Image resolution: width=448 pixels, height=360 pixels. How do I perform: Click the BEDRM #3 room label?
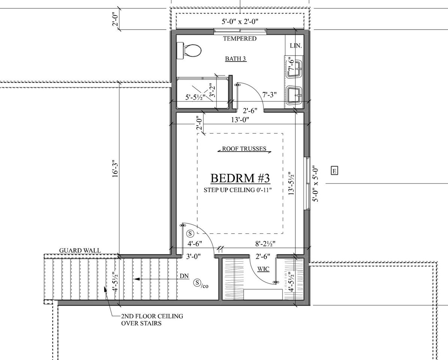tap(240, 178)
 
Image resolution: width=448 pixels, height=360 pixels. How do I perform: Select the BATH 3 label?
tap(236, 59)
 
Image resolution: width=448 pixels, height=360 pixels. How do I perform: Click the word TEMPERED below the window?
tap(240, 39)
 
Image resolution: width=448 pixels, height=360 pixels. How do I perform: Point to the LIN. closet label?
tap(296, 46)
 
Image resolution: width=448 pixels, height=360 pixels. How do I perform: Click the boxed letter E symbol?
tap(334, 171)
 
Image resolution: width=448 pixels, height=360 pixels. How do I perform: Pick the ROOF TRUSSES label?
tap(244, 149)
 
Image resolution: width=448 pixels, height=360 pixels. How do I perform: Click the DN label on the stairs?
tap(184, 276)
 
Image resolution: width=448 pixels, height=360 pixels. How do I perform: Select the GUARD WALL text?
tap(80, 250)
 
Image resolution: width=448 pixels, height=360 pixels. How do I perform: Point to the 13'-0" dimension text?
tap(240, 120)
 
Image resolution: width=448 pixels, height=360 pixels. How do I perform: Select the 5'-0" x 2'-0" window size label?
tap(240, 22)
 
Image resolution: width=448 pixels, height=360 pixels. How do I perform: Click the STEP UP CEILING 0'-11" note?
tap(237, 190)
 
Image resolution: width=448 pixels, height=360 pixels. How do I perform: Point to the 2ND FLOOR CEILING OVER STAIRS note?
tap(152, 319)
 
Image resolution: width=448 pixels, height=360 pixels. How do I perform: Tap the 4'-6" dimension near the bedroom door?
tap(195, 243)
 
